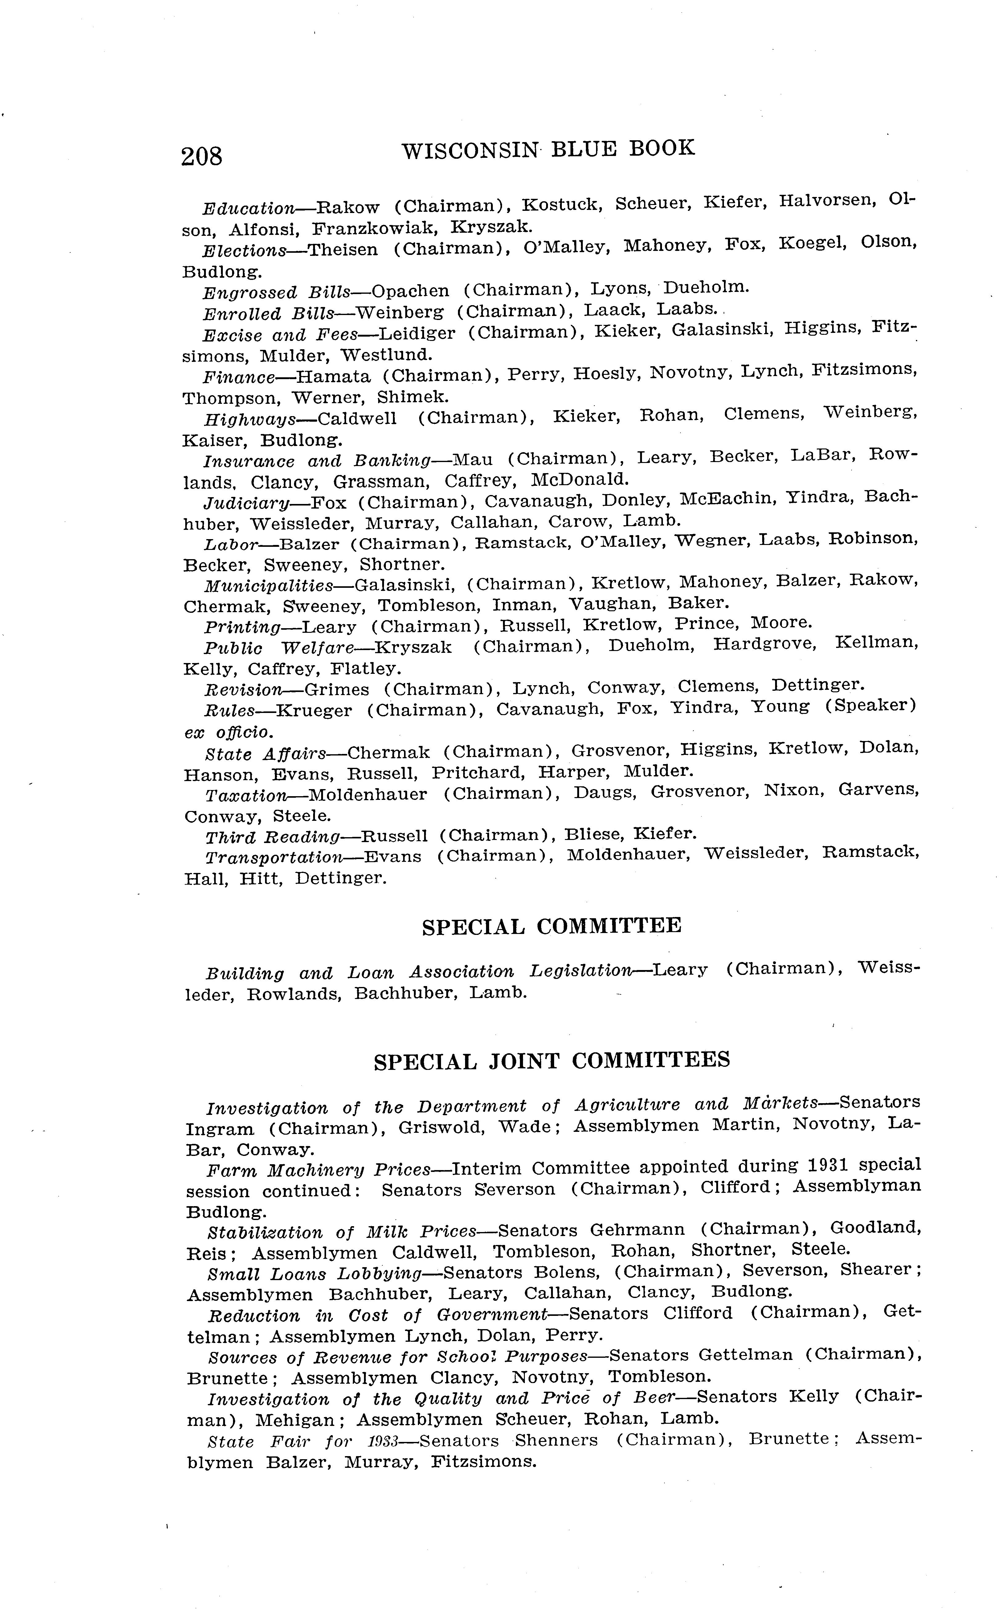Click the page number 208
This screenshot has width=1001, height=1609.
tap(202, 156)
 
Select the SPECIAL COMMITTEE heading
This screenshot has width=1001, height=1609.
tap(551, 926)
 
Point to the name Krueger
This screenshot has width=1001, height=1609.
tap(314, 710)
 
